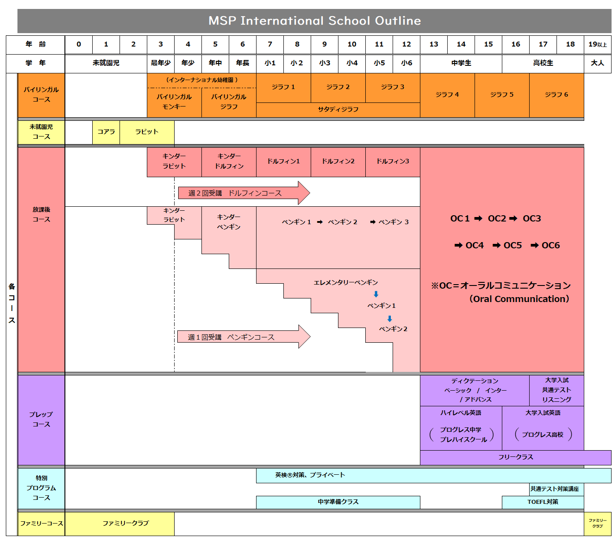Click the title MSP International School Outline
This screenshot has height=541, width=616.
point(314,21)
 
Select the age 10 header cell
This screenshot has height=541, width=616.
point(352,44)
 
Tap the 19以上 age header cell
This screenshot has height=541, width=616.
point(597,44)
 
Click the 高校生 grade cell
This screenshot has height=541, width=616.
point(543,63)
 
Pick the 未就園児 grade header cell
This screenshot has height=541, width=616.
point(106,63)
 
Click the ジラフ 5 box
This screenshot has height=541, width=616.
point(502,95)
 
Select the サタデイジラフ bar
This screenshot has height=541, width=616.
point(338,110)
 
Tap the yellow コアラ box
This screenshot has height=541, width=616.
point(106,132)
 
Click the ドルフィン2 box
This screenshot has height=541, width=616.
point(338,162)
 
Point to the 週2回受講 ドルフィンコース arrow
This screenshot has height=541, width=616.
point(242,193)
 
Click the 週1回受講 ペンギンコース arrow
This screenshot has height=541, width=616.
point(242,337)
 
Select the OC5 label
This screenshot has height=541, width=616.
point(513,245)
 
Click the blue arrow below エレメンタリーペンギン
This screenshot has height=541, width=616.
point(376,294)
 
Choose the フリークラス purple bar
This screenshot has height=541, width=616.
point(515,457)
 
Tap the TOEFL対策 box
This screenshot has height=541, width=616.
point(543,502)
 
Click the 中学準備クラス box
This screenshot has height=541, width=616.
point(338,502)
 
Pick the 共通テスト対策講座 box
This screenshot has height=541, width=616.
point(555,489)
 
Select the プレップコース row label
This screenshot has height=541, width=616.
point(41,419)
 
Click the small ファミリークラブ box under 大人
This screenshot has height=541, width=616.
point(597,524)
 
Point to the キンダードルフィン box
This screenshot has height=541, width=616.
point(229,162)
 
